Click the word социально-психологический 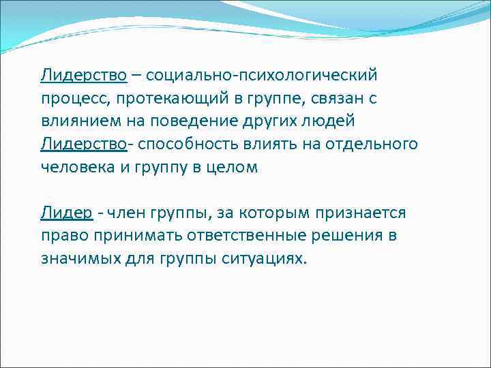pyautogui.click(x=261, y=74)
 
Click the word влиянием pyautogui.click(x=76, y=121)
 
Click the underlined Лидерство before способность pyautogui.click(x=83, y=144)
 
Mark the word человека pyautogui.click(x=75, y=168)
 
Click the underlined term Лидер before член pyautogui.click(x=65, y=213)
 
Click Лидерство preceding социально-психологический pyautogui.click(x=83, y=74)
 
